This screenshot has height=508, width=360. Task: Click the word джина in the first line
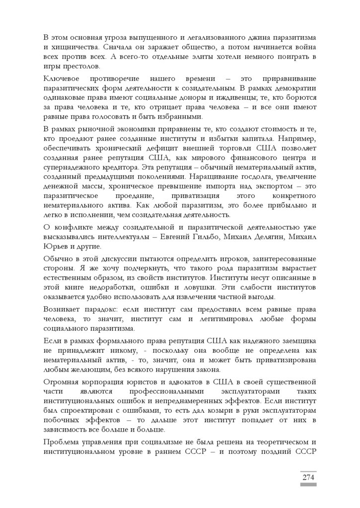pos(238,38)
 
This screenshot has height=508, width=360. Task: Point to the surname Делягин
pos(268,237)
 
